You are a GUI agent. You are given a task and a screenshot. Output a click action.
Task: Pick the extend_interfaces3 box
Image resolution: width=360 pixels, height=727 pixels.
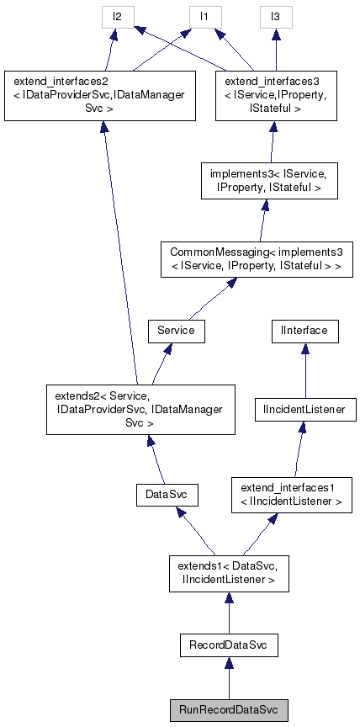point(269,97)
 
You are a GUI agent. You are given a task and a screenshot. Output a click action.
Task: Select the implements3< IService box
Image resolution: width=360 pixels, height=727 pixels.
point(269,181)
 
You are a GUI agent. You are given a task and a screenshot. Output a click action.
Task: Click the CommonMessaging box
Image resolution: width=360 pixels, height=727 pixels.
point(256,260)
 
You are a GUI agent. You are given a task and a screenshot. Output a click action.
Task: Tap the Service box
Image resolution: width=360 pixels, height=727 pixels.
point(176,331)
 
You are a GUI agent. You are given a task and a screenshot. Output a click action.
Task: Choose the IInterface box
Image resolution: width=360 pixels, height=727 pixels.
point(304,331)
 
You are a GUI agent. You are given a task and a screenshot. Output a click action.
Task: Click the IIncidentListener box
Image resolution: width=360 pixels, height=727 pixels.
point(305,410)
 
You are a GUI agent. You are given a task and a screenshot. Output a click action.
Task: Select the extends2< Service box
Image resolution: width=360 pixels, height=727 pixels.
point(140,410)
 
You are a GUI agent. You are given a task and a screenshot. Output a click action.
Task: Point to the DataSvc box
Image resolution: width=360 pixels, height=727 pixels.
point(166,495)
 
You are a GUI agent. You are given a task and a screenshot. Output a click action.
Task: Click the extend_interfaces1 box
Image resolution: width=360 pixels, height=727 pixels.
point(292,495)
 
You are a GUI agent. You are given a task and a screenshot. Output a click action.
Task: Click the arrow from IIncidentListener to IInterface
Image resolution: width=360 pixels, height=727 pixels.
point(304,370)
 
